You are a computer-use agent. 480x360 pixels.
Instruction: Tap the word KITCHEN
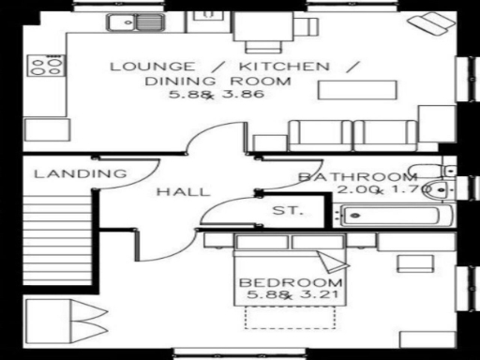click(x=281, y=67)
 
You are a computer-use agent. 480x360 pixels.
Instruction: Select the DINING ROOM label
click(x=217, y=81)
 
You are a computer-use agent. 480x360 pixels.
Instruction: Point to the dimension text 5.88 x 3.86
click(x=217, y=95)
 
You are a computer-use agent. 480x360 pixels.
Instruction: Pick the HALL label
click(x=183, y=192)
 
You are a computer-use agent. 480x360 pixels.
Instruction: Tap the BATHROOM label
click(x=357, y=177)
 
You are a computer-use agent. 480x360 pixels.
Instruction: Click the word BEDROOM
click(x=291, y=284)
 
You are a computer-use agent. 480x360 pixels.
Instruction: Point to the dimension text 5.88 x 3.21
click(x=291, y=297)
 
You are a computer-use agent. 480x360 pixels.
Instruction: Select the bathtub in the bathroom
click(x=392, y=217)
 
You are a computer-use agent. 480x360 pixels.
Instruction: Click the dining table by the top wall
click(x=264, y=31)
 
